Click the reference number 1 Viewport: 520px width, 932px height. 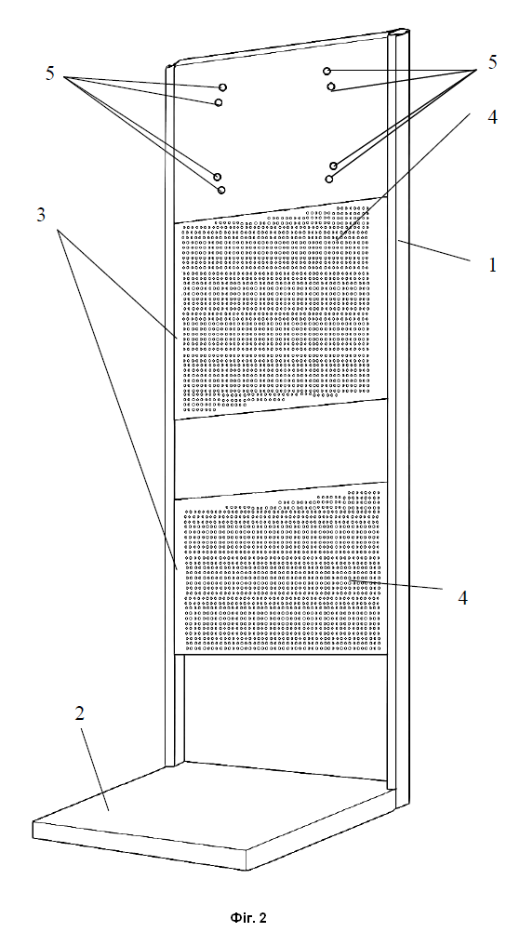[493, 264]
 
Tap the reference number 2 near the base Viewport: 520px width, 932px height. [80, 714]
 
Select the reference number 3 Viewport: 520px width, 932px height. [41, 215]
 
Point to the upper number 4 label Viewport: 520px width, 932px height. [492, 118]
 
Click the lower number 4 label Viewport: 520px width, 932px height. [462, 598]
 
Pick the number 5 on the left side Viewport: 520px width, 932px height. [50, 74]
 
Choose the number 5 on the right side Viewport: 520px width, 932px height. [493, 62]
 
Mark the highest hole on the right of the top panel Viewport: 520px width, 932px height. [327, 72]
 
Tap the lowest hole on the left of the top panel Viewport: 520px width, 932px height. [221, 190]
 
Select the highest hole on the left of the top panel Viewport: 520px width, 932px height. [223, 87]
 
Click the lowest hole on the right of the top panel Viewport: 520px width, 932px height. [329, 179]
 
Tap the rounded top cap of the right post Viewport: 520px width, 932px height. [399, 32]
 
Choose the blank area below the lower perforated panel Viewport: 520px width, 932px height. [286, 713]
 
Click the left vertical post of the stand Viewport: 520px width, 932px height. [169, 416]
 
